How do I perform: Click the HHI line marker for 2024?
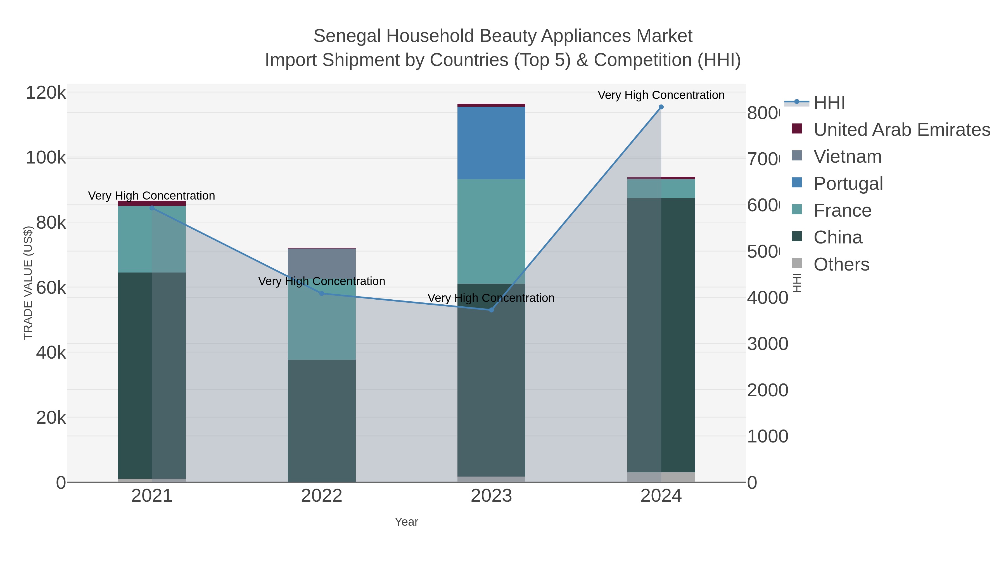661,107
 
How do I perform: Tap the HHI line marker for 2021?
152,208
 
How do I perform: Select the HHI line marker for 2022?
322,293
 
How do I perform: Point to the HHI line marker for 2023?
491,310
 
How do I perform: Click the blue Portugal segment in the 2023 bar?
491,143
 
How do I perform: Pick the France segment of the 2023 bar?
491,231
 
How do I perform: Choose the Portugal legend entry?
848,184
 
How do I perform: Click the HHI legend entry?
829,103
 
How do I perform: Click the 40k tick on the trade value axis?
51,353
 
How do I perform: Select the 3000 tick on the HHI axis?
767,344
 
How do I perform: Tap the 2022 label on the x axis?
322,496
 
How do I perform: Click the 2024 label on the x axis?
661,496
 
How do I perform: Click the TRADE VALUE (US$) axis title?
28,283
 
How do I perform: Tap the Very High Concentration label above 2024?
661,95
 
